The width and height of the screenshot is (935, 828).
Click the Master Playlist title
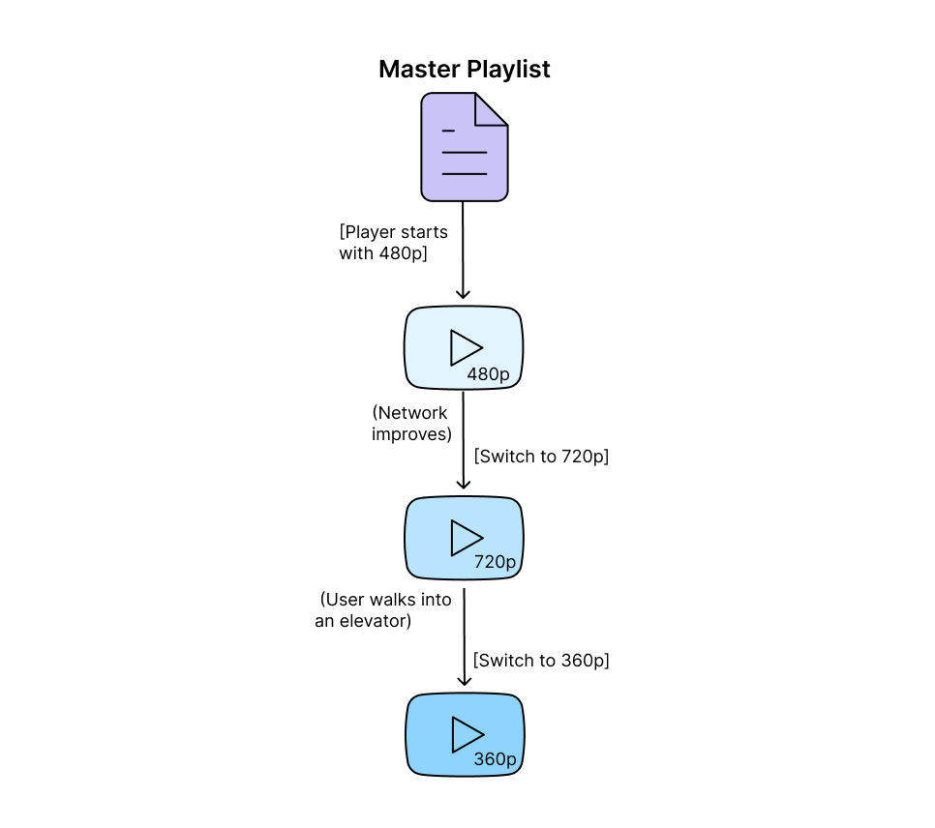click(x=464, y=70)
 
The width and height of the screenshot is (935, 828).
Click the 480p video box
click(x=464, y=348)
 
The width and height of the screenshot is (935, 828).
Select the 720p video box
click(x=464, y=539)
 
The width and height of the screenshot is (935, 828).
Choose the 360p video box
click(x=464, y=734)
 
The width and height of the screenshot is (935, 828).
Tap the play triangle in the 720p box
click(x=466, y=538)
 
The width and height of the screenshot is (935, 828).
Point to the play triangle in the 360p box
click(x=466, y=734)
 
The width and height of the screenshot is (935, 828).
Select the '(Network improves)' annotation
click(x=410, y=424)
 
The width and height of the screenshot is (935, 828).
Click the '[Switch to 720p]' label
click(x=541, y=457)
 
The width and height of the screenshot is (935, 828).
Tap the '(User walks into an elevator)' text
click(x=384, y=610)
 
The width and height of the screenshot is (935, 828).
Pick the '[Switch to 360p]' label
click(x=541, y=661)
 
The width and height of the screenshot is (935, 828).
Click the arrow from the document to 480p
click(x=464, y=251)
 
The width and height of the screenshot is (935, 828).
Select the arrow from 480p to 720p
click(x=464, y=440)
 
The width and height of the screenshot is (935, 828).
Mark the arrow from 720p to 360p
click(x=464, y=638)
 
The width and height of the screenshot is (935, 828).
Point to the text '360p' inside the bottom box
click(x=495, y=760)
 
